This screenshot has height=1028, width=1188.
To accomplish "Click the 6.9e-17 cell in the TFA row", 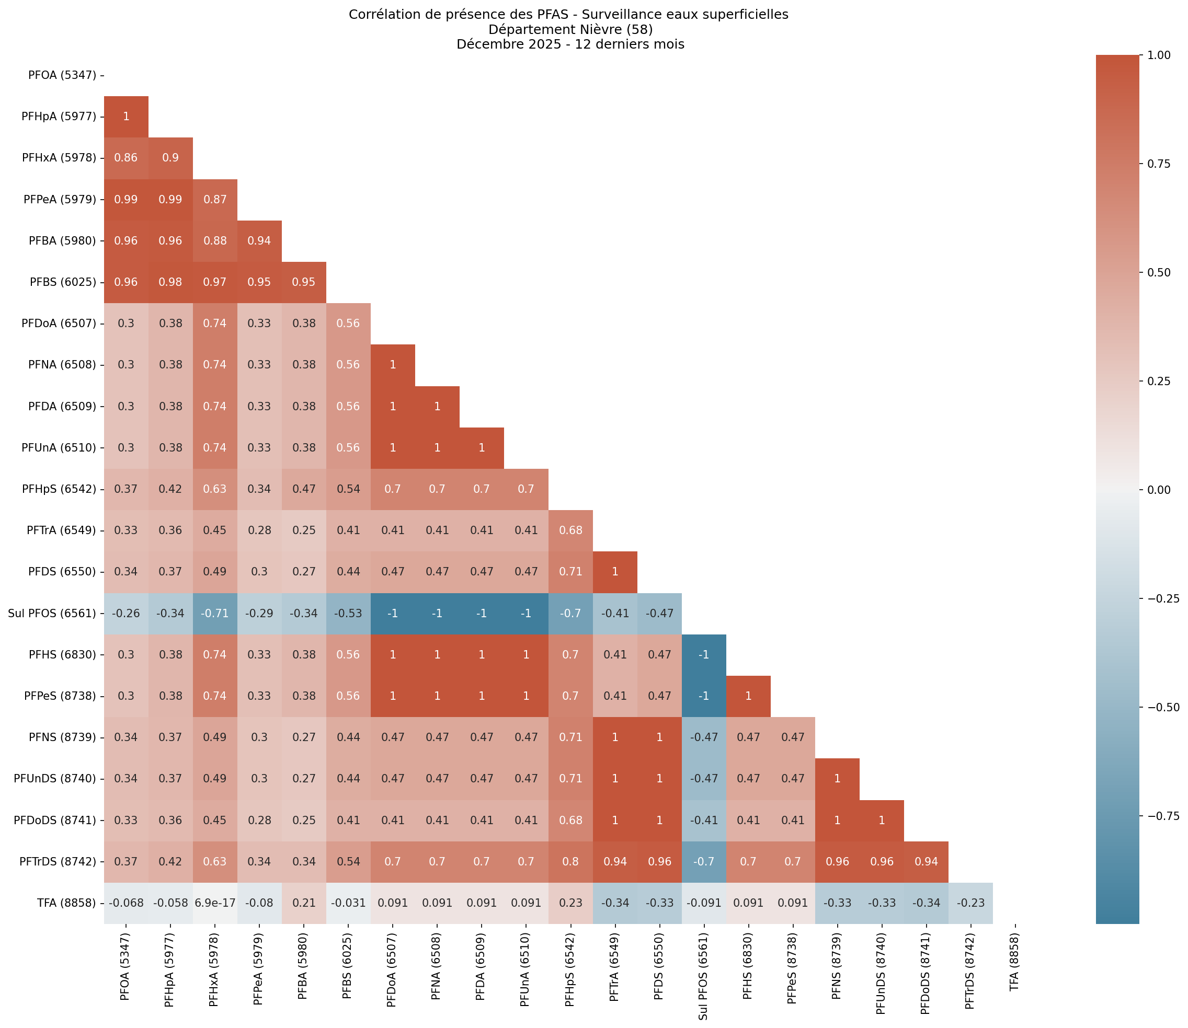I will coord(214,903).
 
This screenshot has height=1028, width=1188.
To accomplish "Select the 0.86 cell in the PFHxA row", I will coord(126,158).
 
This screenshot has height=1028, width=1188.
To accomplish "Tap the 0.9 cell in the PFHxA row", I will coord(170,158).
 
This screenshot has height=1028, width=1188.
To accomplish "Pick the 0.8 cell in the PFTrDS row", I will coord(570,861).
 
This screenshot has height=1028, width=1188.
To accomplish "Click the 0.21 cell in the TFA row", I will coord(304,903).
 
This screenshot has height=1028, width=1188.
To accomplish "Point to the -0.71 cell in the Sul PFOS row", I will coord(214,613).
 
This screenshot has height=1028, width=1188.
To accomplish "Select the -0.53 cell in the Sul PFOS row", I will coord(348,613).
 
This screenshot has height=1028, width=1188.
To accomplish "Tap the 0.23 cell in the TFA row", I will coord(570,903).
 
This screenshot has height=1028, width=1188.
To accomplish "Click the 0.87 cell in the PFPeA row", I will coord(214,200).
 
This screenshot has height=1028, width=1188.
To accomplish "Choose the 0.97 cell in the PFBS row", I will coord(214,282).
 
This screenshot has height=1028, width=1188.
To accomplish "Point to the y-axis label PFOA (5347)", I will coord(62,75).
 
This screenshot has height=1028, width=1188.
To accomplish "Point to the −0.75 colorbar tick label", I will coord(1162,816).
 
